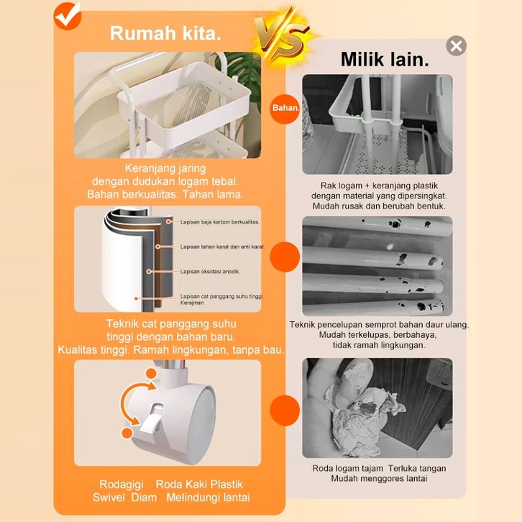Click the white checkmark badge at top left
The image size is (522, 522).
point(68,16)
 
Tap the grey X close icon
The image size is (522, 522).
point(456,45)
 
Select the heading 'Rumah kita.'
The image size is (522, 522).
point(165,34)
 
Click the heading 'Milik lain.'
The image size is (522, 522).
point(385,60)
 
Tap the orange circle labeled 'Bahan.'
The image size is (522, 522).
point(285,108)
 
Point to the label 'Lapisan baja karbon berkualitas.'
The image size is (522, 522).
point(220,221)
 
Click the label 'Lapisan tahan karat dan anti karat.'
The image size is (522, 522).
point(222,247)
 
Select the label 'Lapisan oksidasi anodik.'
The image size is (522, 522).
point(210,271)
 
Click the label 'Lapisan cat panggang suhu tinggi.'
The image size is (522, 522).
point(222,296)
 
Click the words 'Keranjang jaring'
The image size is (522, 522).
point(165,168)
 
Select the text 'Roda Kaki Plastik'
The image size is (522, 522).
point(199,485)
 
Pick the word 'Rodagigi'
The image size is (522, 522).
point(122,485)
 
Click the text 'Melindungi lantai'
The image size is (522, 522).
point(208,498)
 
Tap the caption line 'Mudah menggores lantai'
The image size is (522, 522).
point(379,479)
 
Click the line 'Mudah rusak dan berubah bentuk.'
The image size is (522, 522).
point(379,206)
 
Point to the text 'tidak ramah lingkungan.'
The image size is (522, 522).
point(379,345)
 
